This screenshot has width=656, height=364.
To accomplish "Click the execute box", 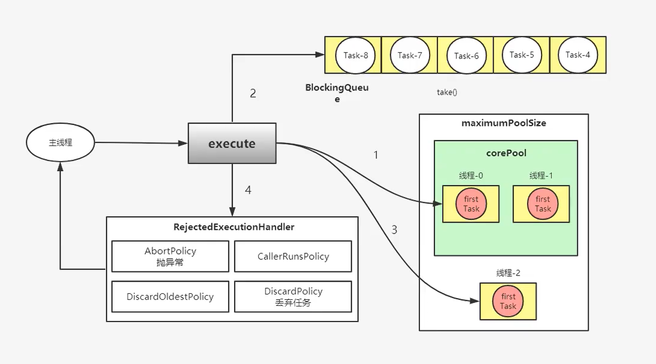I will tap(232, 144).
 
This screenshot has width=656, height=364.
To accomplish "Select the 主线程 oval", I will tap(61, 143).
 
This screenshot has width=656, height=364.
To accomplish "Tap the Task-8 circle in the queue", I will tap(355, 55).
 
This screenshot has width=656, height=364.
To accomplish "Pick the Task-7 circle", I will tap(410, 55).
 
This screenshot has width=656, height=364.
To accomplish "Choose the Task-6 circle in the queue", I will tap(466, 56).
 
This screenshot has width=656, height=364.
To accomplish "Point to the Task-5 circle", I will tap(521, 54).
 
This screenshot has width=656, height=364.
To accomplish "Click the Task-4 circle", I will tap(578, 54).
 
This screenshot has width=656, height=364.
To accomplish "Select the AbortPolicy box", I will tap(170, 256).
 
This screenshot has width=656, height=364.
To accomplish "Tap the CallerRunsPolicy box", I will tap(293, 256).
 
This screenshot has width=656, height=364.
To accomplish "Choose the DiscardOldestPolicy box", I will tap(170, 296).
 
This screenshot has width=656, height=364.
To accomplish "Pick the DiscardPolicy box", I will tap(293, 296).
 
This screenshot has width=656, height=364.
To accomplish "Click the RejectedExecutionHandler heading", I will tap(234, 227).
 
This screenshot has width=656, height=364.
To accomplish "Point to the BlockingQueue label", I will tap(337, 93).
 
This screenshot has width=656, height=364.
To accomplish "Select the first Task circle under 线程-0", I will tap(471, 204).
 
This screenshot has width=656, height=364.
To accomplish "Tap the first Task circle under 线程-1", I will tap(542, 204).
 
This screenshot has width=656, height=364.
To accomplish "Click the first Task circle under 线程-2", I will tap(508, 301).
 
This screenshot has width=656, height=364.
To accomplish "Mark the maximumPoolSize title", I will tap(504, 123).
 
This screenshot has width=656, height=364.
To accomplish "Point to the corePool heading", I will tap(506, 153).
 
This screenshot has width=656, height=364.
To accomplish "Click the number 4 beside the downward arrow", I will tap(248, 190).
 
